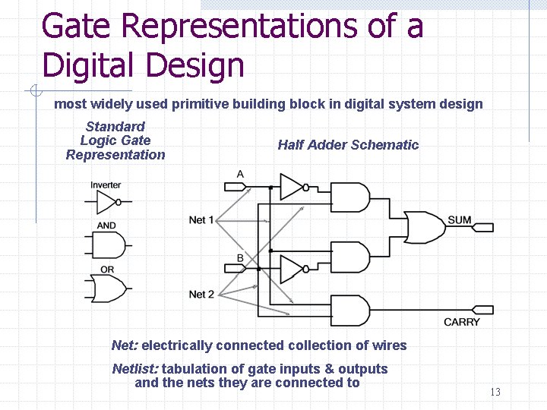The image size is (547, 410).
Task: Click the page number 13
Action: point(495,392)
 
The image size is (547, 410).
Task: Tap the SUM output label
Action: point(460,220)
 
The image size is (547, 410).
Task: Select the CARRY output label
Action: point(462,322)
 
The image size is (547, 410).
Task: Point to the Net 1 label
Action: point(201,220)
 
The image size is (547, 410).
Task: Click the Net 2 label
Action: point(201,294)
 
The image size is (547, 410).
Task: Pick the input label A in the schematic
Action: point(240,175)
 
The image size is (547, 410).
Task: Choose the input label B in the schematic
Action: point(240,259)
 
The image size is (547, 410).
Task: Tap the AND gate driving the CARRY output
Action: point(350,310)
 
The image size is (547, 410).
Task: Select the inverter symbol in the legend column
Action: point(107,202)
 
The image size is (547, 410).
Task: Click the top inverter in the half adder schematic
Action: point(293,187)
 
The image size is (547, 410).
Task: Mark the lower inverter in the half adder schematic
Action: point(293,269)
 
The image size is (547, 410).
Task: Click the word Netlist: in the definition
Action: point(135,369)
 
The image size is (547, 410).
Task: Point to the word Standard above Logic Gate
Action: point(115,127)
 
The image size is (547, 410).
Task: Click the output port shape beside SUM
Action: point(483,227)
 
